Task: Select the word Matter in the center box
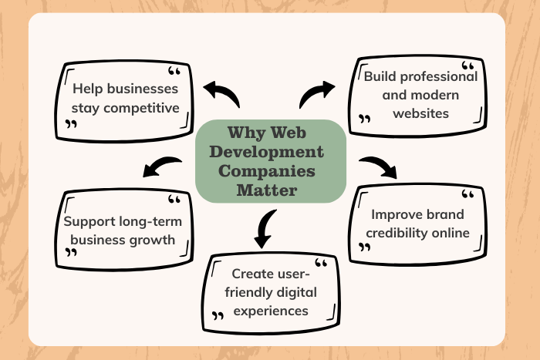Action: (x=269, y=189)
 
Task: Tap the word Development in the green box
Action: (x=267, y=151)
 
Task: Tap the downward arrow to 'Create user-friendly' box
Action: (x=264, y=228)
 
